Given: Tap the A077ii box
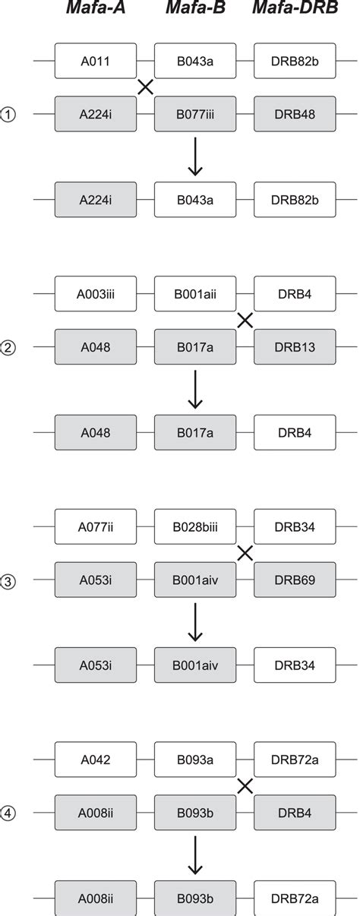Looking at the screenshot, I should pyautogui.click(x=95, y=526).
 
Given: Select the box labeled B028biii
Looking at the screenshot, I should pyautogui.click(x=195, y=526).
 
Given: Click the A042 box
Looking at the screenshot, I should pyautogui.click(x=95, y=760).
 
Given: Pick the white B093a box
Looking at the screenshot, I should pyautogui.click(x=195, y=760).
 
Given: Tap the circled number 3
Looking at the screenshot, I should pyautogui.click(x=9, y=582).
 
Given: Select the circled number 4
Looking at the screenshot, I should pyautogui.click(x=9, y=815).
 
